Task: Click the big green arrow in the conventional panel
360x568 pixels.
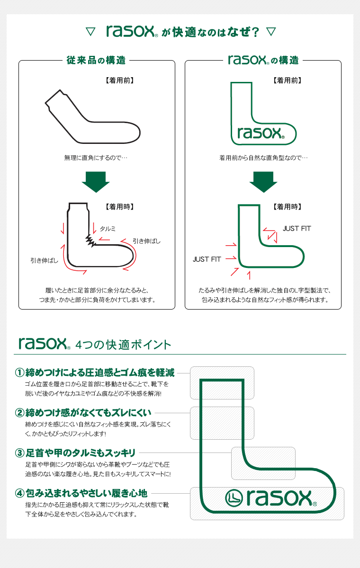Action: point(96,182)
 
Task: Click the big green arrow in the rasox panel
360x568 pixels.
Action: point(263,182)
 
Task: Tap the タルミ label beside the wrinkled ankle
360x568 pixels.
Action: point(108,229)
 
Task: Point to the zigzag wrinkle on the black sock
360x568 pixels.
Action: point(90,240)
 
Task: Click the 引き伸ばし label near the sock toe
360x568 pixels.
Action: point(146,241)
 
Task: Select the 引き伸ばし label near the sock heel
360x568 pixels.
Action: point(44,260)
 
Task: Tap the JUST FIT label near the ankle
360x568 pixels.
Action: point(297,229)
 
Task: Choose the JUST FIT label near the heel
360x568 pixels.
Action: point(207,259)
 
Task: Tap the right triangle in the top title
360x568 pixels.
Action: point(270,32)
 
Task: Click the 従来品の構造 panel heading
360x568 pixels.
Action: point(96,61)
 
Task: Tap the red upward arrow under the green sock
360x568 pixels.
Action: point(249,275)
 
